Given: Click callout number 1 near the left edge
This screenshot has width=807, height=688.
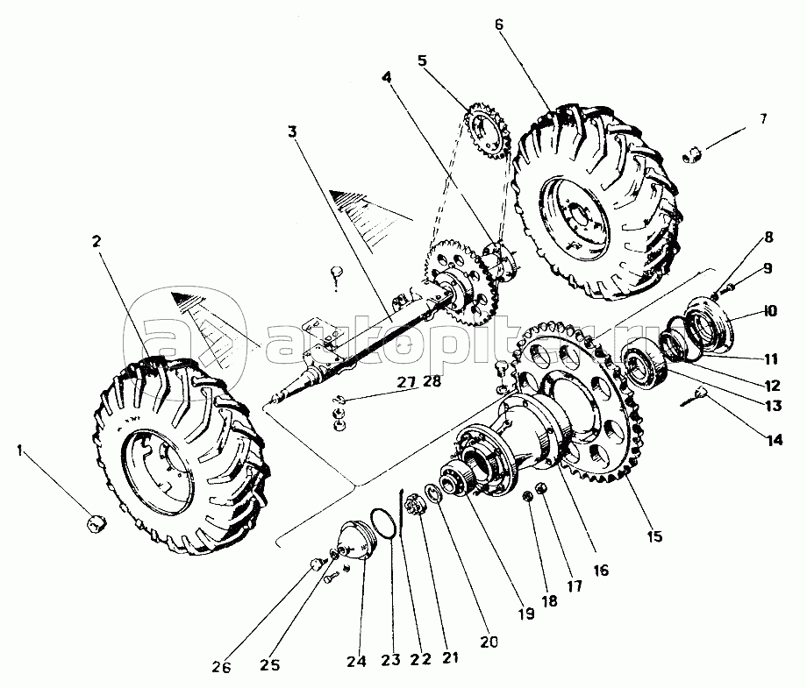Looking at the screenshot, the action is (x=19, y=452).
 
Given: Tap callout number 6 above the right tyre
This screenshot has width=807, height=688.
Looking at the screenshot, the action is (x=499, y=25).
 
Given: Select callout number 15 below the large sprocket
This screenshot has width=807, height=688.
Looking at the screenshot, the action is (x=654, y=536).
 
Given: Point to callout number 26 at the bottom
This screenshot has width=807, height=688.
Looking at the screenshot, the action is (x=221, y=667).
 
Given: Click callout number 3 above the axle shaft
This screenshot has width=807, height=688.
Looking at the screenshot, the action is (x=292, y=131).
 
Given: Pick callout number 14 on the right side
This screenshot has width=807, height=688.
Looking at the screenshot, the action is (x=775, y=440).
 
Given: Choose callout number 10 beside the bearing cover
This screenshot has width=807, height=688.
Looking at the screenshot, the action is (x=770, y=311).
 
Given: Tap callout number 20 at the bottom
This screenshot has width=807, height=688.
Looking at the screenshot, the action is (x=489, y=642).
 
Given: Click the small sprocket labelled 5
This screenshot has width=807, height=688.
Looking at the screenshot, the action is (x=486, y=131).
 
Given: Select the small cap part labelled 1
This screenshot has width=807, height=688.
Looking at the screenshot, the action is (x=96, y=523).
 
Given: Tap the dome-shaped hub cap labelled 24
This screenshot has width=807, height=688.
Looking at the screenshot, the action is (x=357, y=542).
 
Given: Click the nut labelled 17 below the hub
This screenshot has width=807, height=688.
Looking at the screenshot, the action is (x=540, y=487).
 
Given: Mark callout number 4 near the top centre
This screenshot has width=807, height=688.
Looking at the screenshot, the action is (x=387, y=77).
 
